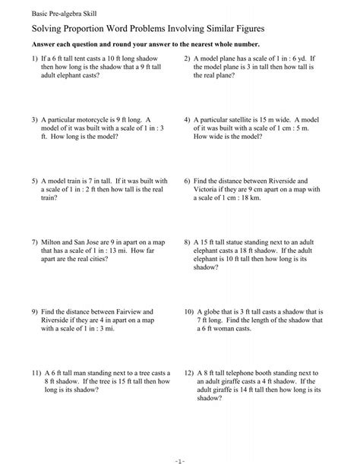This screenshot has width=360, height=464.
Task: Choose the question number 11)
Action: tap(35, 374)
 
